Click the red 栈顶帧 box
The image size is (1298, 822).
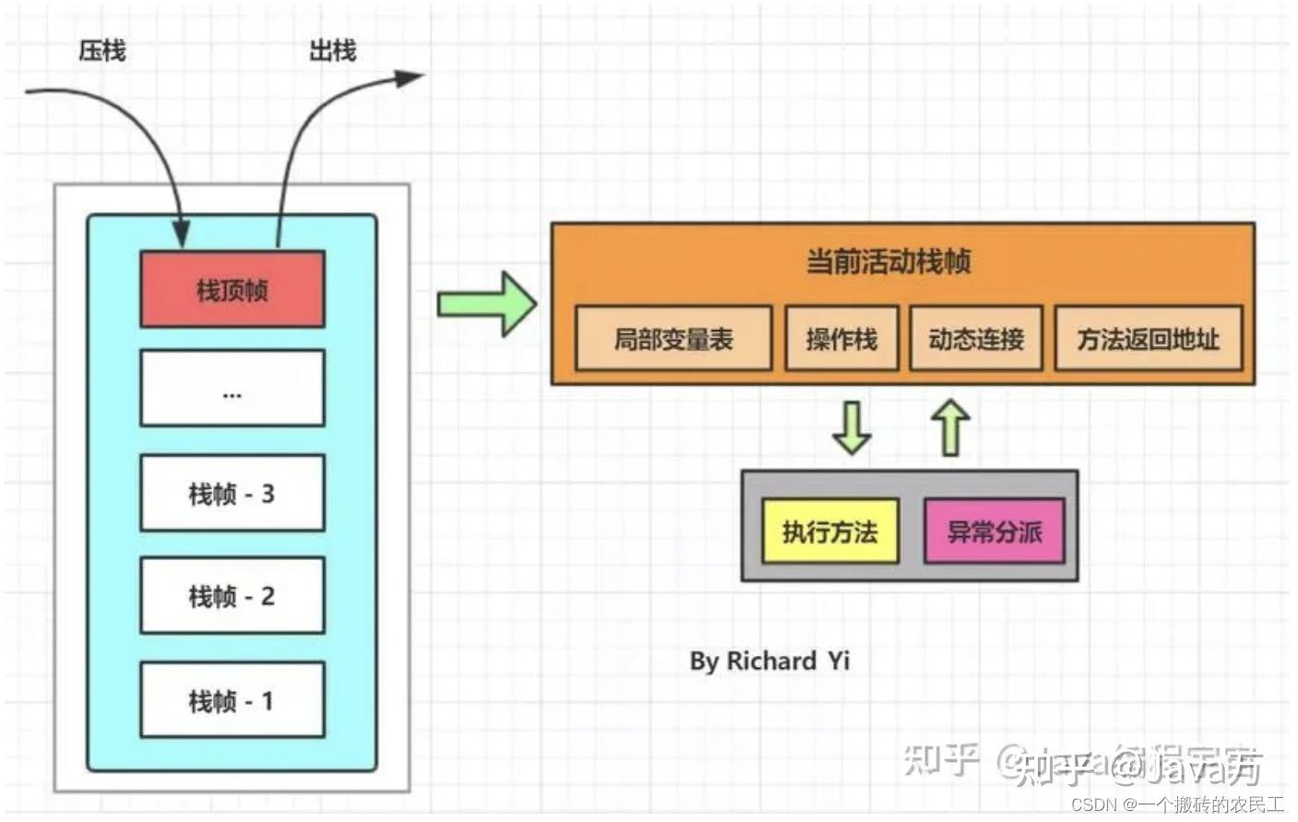point(232,290)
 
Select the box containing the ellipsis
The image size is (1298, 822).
point(232,388)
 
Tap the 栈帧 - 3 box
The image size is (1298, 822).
point(232,494)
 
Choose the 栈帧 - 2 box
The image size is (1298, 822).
point(232,596)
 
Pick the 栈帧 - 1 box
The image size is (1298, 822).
point(232,700)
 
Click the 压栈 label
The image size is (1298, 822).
point(101,51)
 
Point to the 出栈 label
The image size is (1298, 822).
point(332,51)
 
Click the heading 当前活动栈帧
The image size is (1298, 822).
point(887,262)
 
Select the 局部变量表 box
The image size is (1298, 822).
point(673,339)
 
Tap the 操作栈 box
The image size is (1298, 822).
point(841,339)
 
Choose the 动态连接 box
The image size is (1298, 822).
point(976,339)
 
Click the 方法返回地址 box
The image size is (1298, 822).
point(1149,339)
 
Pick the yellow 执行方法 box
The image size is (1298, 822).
point(829,531)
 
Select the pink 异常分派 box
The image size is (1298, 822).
point(994,531)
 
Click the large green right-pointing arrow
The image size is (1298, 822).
point(486,304)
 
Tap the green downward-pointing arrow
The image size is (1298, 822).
point(851,428)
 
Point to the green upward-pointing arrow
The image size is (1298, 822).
point(950,427)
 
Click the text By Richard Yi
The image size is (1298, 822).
point(769,661)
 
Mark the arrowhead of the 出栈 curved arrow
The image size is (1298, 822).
point(410,77)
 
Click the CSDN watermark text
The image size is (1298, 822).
point(1177,804)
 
